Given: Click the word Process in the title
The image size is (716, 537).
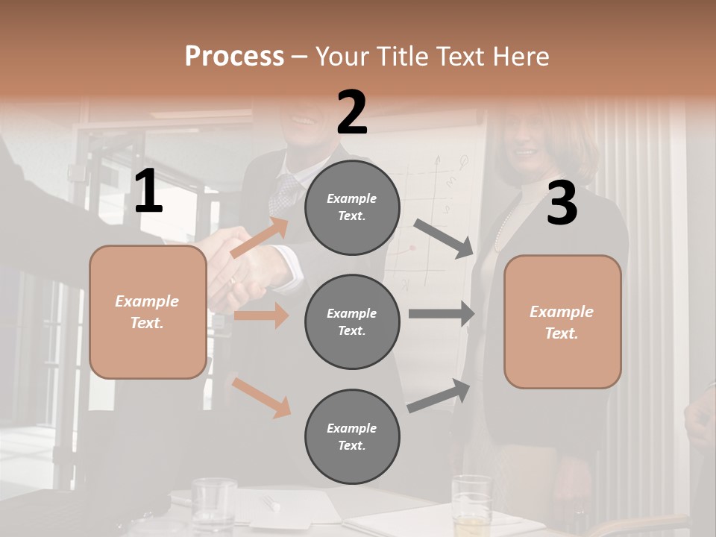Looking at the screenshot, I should (234, 56).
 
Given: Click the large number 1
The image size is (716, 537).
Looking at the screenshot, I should (148, 192).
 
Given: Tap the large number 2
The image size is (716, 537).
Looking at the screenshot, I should (352, 113).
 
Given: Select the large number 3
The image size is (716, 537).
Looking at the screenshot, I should (562, 204).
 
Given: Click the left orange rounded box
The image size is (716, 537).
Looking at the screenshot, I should (148, 312).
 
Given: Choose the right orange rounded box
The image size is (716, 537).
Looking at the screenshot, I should (562, 321).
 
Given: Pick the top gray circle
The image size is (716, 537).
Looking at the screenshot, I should (352, 207).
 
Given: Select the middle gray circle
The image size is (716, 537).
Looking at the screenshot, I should (352, 321).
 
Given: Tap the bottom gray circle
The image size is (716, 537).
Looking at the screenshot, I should (352, 436).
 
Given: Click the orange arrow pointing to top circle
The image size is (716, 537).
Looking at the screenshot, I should (260, 237).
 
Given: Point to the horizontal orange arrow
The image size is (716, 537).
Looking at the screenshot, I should (261, 315).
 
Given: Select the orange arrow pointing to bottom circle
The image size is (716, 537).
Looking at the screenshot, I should (261, 398).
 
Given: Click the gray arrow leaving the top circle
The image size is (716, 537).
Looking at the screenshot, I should (444, 239).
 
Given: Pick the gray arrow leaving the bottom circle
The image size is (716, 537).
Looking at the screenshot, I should (439, 396).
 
